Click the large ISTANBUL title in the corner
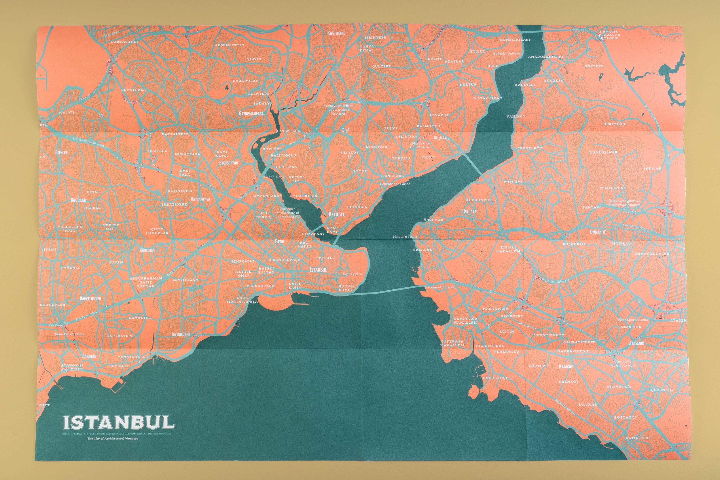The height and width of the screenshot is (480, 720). pyautogui.click(x=118, y=423)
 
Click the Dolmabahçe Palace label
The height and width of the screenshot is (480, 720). pyautogui.click(x=395, y=184)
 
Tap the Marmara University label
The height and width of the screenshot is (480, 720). pyautogui.click(x=440, y=287)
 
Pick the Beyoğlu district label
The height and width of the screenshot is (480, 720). pyautogui.click(x=337, y=215)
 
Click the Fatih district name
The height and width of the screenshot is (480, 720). pyautogui.click(x=279, y=242)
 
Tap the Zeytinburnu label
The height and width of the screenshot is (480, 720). pyautogui.click(x=181, y=335)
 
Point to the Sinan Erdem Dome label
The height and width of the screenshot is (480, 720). pyautogui.click(x=69, y=334)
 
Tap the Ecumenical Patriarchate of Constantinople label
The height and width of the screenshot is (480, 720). pyautogui.click(x=287, y=213)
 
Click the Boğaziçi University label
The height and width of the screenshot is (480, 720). pyautogui.click(x=508, y=54)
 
